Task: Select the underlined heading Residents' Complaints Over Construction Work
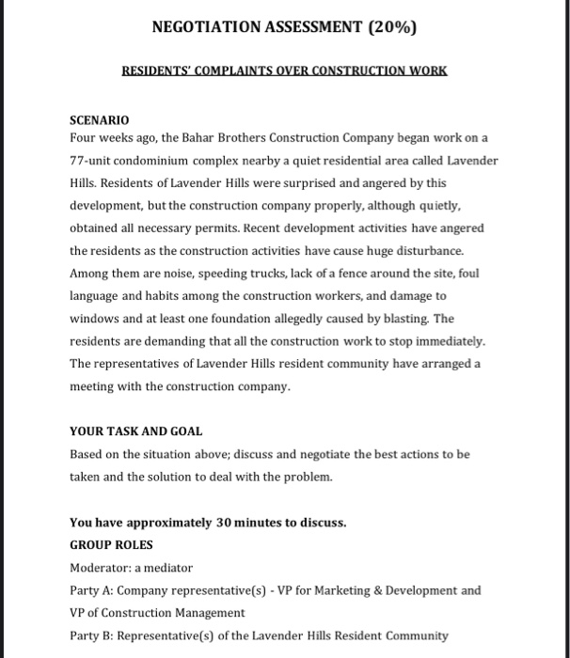tap(285, 71)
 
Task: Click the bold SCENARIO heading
tap(100, 120)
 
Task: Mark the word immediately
tap(448, 342)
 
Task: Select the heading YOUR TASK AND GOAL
tap(135, 431)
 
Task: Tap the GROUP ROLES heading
tap(110, 545)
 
